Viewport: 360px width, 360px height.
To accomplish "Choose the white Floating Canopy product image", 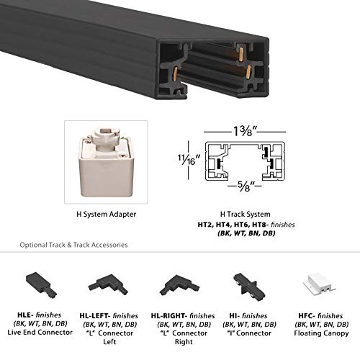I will [x=318, y=284].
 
